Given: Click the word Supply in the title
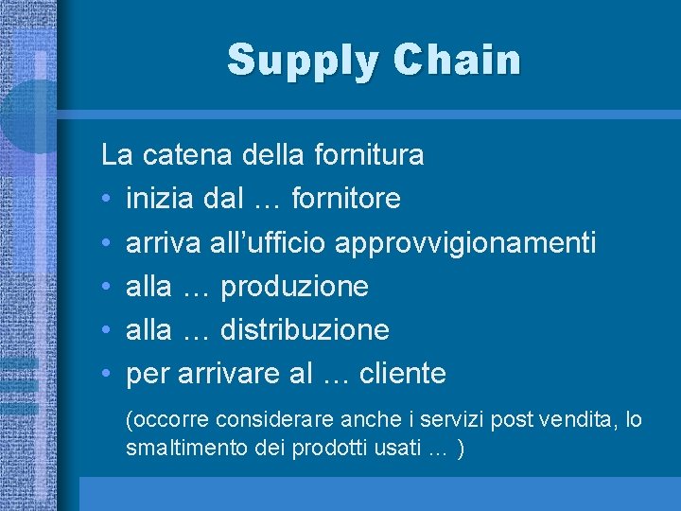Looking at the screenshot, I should (300, 61).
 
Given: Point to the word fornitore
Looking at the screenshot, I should (346, 199).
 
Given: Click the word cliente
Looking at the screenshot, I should (402, 374).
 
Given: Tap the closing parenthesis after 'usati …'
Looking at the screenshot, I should (460, 449).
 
